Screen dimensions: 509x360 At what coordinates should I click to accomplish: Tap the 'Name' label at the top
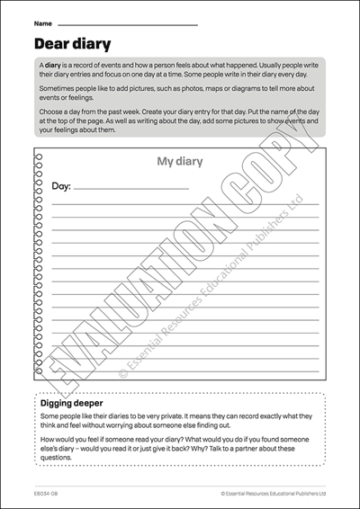[42, 22]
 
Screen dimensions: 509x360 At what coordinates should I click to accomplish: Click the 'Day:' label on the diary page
[61, 186]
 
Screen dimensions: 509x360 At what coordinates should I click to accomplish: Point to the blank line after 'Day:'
[130, 189]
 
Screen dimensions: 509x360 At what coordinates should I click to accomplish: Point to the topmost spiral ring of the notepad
[38, 156]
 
